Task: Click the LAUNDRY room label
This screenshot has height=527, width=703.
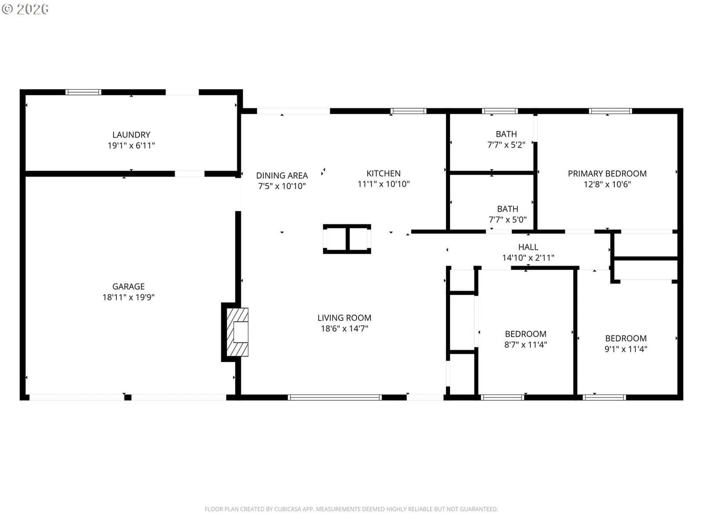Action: (x=131, y=135)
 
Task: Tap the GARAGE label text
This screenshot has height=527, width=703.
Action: (x=128, y=286)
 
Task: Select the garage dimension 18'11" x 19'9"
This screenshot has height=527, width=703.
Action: (x=128, y=297)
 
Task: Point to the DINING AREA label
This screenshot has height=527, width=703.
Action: (x=282, y=175)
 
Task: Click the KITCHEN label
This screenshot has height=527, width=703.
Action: (x=384, y=173)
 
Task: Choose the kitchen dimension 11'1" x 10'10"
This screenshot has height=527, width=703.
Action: (x=384, y=184)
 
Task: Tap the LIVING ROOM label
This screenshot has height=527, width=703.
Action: (x=344, y=318)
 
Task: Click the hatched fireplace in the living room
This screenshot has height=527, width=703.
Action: (x=237, y=332)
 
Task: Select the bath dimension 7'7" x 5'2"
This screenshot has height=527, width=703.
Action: (x=506, y=145)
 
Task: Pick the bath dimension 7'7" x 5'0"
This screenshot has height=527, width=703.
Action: (x=507, y=220)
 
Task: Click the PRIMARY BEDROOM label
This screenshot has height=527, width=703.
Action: (x=607, y=173)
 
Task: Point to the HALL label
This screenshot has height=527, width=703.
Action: (x=528, y=247)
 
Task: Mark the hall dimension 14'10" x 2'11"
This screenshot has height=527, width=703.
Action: (x=528, y=258)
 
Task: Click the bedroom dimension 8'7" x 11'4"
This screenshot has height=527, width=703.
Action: (x=525, y=345)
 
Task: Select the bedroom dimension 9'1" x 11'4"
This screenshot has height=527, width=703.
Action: (x=626, y=349)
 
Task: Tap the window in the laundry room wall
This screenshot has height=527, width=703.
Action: (x=83, y=92)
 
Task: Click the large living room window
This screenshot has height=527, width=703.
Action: (x=335, y=397)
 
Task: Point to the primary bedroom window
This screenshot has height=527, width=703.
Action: (x=610, y=111)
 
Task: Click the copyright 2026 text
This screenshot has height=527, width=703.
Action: (x=25, y=9)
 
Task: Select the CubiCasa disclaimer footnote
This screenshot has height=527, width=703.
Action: (x=351, y=509)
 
